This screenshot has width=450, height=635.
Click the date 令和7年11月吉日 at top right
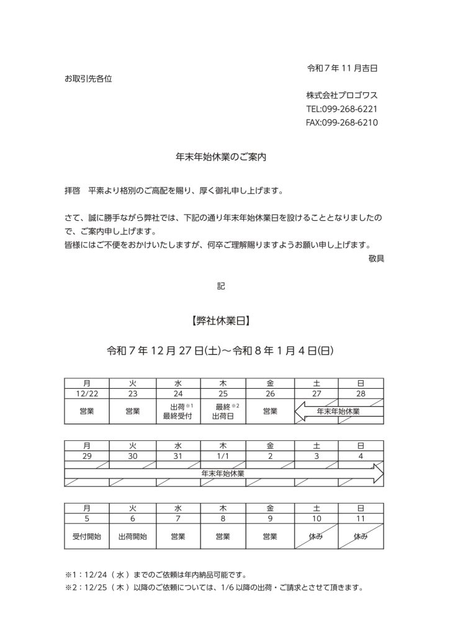[x=343, y=68]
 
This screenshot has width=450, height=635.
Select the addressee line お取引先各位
[x=88, y=79]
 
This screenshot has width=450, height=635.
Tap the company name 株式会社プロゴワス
[x=341, y=95]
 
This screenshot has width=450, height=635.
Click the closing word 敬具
[x=376, y=258]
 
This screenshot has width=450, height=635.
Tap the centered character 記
[x=222, y=286]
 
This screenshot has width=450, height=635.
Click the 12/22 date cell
[x=88, y=393]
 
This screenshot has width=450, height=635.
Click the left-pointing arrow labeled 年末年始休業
[x=338, y=411]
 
